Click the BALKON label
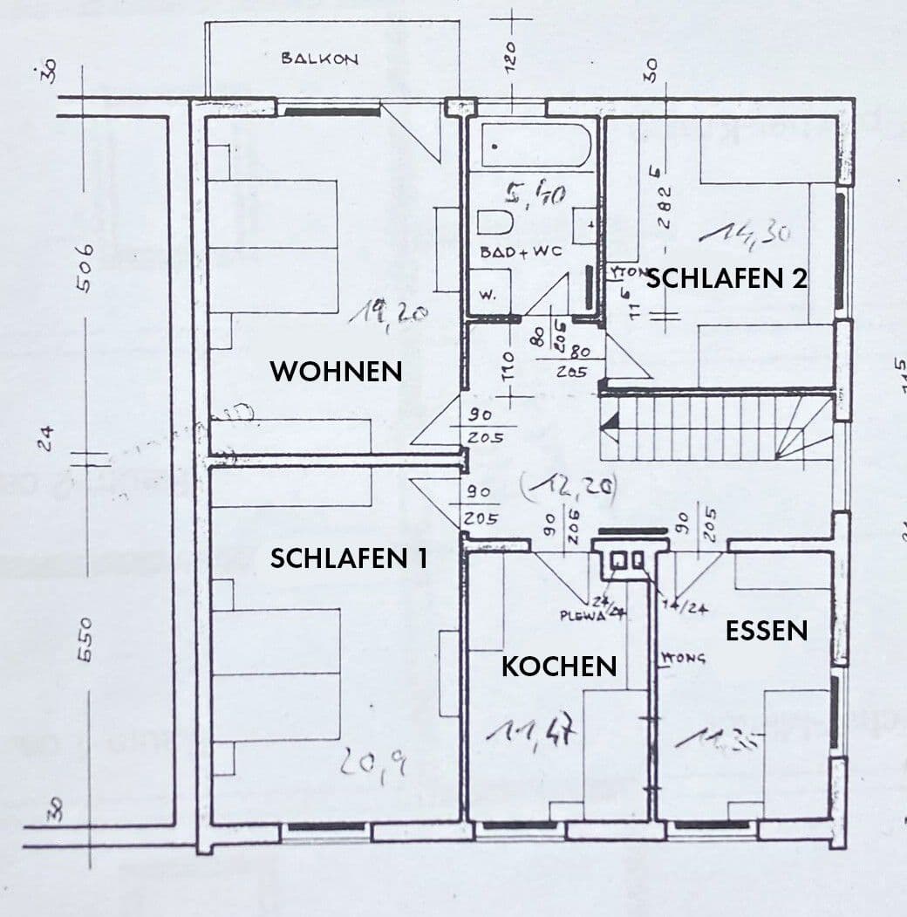[x=319, y=58]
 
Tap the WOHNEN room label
[x=336, y=371]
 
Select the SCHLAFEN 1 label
[x=348, y=558]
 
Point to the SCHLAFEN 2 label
[x=726, y=278]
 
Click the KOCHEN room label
[x=558, y=667]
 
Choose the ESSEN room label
[x=767, y=630]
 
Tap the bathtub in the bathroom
[x=536, y=144]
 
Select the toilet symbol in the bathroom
[x=494, y=223]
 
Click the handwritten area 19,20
[x=387, y=311]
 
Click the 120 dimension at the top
[x=512, y=59]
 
